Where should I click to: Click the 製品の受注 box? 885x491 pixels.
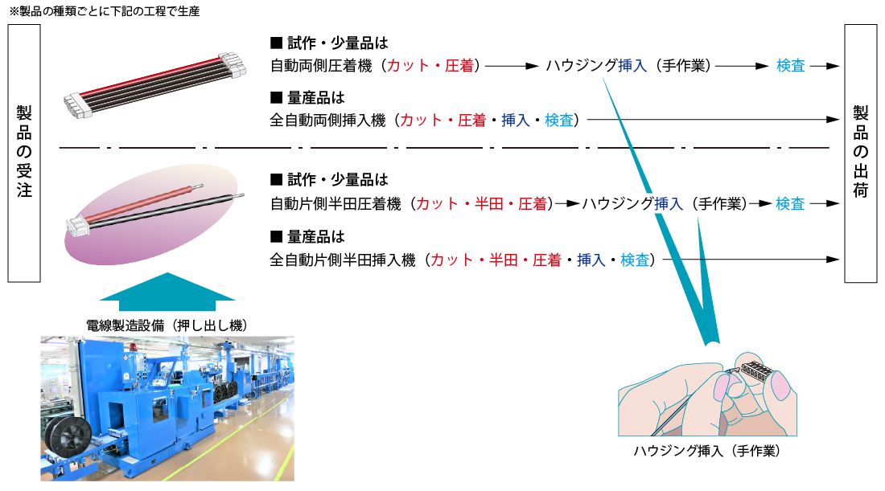pos(24,153)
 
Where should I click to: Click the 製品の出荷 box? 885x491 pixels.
pos(860,153)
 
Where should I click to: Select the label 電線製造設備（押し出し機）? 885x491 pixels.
pos(167,325)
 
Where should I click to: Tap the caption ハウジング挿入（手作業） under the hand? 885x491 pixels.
pos(706,452)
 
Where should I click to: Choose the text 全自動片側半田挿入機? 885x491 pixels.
pos(342,260)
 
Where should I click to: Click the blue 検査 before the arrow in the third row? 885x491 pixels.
pos(790,204)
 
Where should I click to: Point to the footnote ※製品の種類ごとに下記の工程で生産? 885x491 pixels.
pos(105,11)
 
